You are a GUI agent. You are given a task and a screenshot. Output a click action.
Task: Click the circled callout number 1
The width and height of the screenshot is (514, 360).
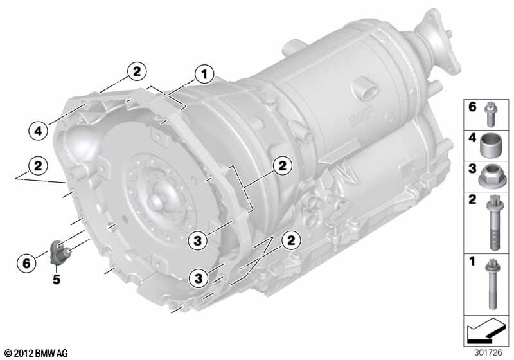(x=204, y=75)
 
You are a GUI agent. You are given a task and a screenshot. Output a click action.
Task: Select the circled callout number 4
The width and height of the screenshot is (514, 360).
(x=39, y=131)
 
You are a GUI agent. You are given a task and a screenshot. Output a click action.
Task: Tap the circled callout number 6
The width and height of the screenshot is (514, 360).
(x=26, y=263)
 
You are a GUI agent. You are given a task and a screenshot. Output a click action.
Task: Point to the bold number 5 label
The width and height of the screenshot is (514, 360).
(x=57, y=280)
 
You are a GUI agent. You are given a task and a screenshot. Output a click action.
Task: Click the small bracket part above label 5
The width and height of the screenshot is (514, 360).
(x=59, y=252)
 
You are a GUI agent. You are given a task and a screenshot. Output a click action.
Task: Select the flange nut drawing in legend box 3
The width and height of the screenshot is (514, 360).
(x=489, y=176)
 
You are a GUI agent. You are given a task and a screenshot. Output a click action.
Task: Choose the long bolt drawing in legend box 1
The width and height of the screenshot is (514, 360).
(x=492, y=283)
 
